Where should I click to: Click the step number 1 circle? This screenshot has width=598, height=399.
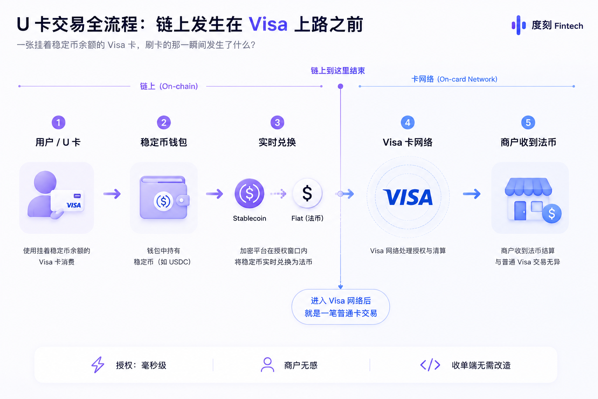point(58,122)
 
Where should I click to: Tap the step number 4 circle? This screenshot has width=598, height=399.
point(408,122)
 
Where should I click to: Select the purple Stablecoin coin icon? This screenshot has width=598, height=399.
point(249,193)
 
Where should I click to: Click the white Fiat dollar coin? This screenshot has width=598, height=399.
point(307,193)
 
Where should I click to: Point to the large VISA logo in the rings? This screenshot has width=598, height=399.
point(408,197)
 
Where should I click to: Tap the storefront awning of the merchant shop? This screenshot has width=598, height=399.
point(528,187)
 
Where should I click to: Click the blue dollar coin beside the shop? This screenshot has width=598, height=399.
point(552,213)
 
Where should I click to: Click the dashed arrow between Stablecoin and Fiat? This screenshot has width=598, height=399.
point(278,194)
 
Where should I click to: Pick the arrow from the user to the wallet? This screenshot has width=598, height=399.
point(112,194)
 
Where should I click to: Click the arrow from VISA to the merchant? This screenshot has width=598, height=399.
point(472,194)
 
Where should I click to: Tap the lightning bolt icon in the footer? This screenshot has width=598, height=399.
point(98,365)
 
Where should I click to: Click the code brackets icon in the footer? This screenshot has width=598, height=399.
point(430,365)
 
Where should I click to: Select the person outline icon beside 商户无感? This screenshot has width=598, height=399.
point(267,365)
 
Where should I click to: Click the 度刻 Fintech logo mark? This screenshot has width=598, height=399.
point(519,25)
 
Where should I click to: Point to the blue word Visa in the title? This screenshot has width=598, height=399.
point(268,24)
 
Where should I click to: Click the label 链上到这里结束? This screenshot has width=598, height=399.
point(338,71)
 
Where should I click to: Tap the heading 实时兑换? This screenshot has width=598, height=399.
point(277,142)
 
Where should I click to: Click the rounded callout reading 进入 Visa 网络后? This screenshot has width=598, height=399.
point(341,307)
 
